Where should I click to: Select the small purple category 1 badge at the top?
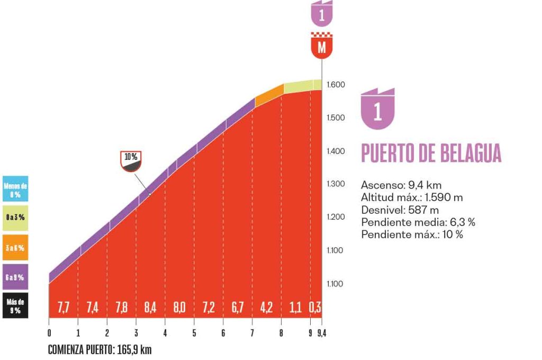(x=321, y=14)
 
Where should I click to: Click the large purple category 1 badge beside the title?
(x=377, y=111)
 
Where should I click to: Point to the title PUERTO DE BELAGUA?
(x=431, y=153)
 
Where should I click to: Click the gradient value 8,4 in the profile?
(x=150, y=307)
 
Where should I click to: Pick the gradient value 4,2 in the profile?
(x=267, y=307)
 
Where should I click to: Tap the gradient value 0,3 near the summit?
(x=316, y=307)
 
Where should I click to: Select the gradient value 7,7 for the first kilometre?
(x=64, y=307)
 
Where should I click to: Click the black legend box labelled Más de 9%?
(x=15, y=307)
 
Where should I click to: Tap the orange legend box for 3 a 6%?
(x=15, y=247)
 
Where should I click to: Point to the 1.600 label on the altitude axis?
(x=336, y=85)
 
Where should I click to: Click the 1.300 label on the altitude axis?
(x=336, y=184)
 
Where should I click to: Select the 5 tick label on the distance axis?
(x=194, y=333)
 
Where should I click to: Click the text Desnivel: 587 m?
(x=392, y=210)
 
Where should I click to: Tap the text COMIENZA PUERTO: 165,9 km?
(x=100, y=350)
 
